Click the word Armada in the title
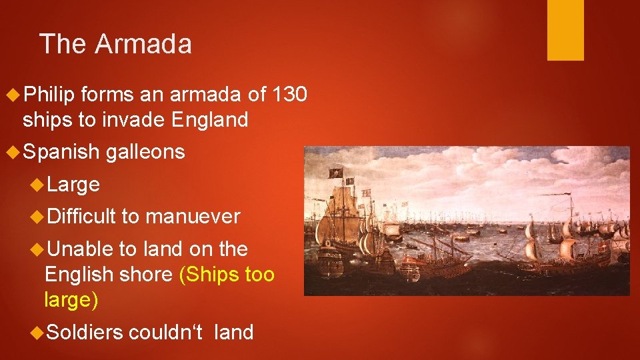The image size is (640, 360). [x=143, y=44]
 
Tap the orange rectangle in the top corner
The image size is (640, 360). [x=565, y=29]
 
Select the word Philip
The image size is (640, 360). [x=48, y=95]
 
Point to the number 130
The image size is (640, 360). [x=290, y=95]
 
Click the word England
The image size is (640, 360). [x=209, y=120]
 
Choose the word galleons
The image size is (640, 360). [x=145, y=152]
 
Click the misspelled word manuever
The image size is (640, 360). [x=193, y=216]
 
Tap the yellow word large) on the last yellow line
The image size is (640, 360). [x=71, y=299]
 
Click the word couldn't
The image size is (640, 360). [x=169, y=331]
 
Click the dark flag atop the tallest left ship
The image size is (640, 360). [x=335, y=173]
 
